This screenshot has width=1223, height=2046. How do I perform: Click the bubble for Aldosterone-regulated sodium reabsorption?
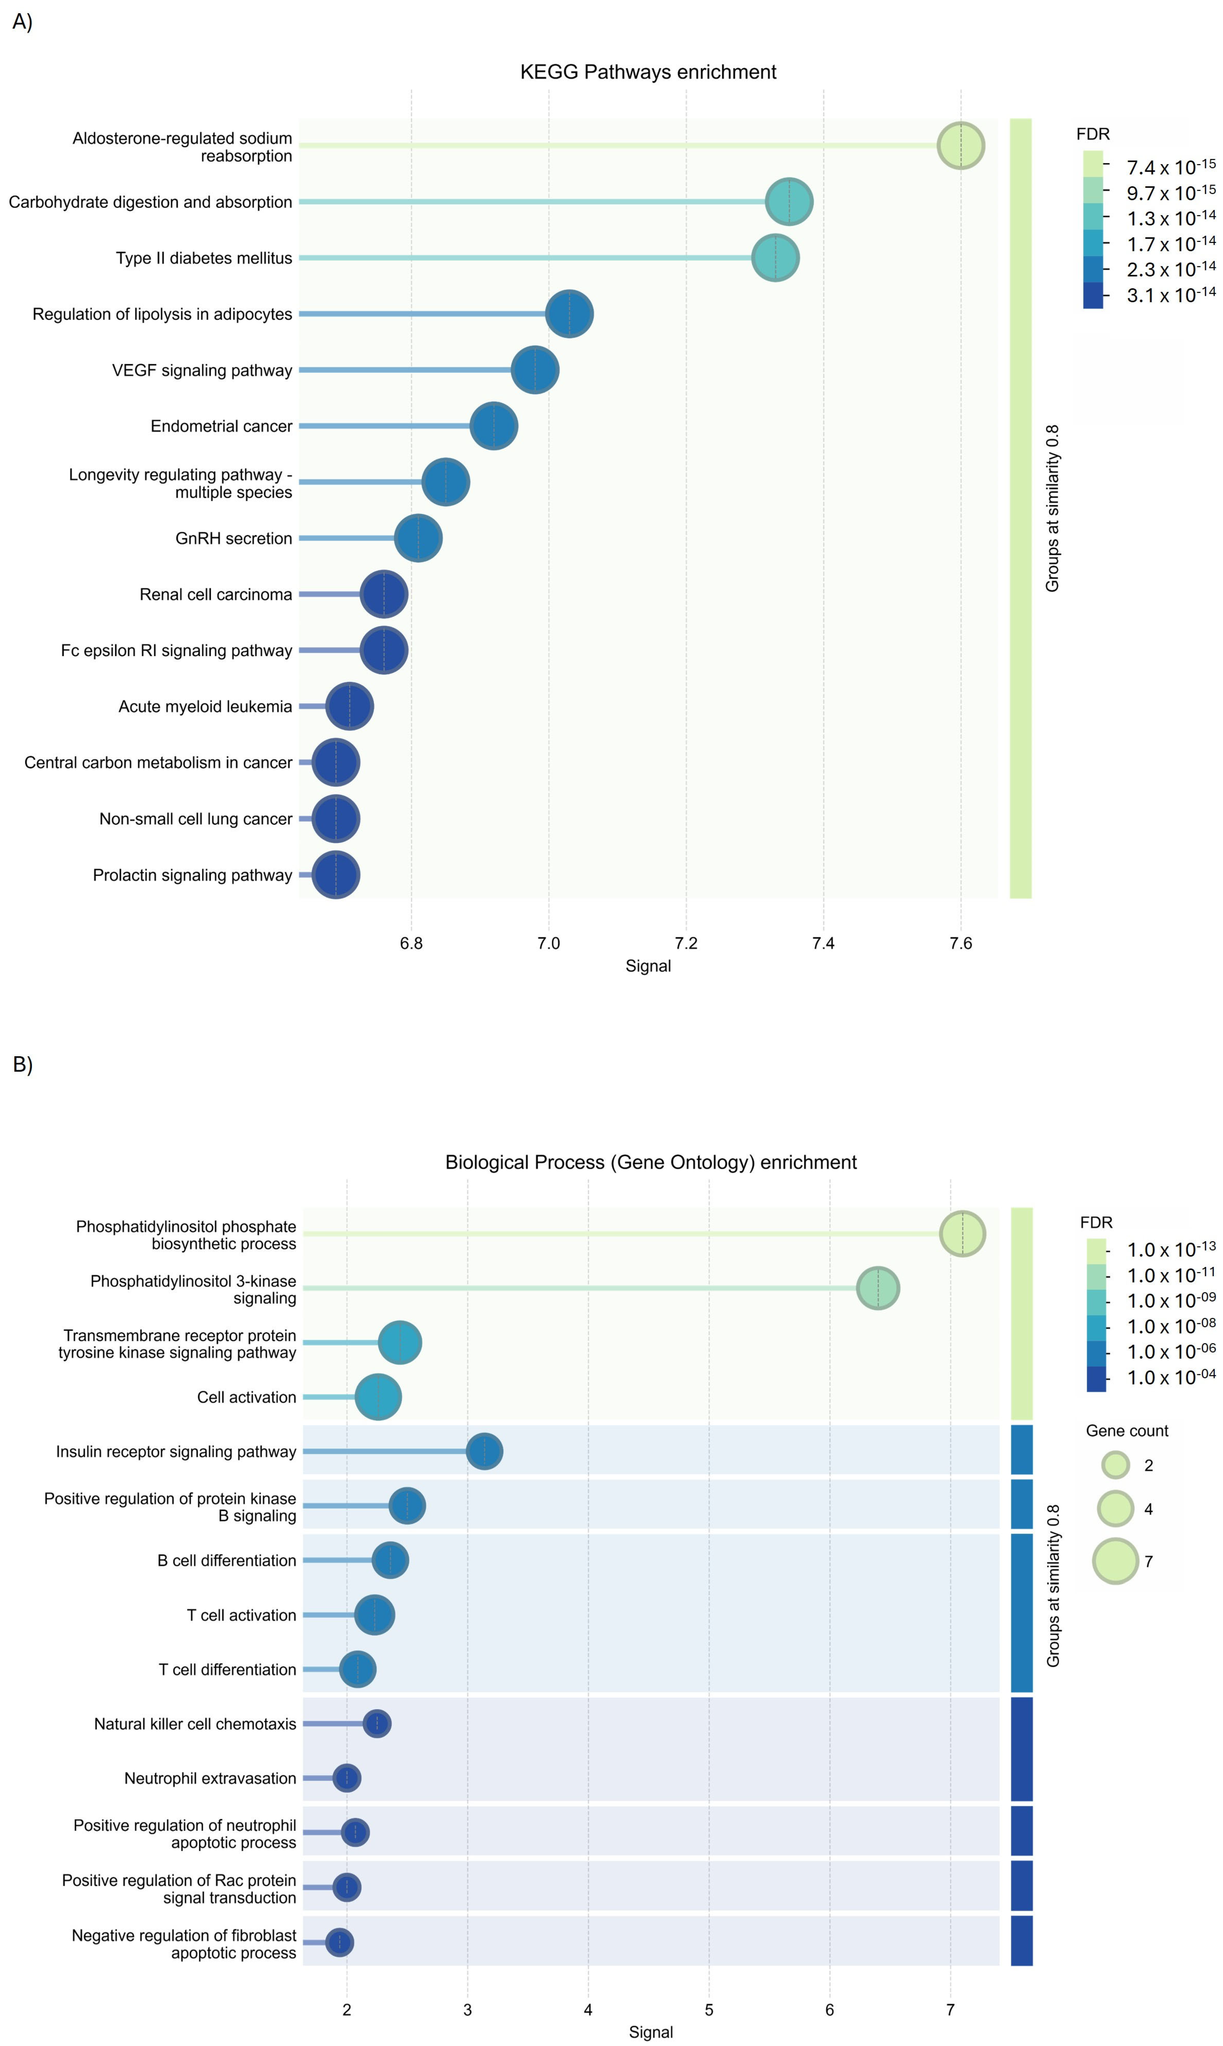click(960, 146)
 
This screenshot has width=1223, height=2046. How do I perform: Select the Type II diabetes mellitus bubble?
click(775, 258)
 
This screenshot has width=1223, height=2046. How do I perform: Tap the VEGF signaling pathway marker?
click(535, 370)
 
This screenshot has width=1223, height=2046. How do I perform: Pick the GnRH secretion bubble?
click(418, 538)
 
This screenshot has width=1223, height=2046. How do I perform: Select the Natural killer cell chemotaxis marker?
click(377, 1724)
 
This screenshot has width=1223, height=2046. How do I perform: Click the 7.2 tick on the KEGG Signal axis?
click(686, 943)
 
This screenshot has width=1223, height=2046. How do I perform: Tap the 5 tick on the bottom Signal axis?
click(709, 2010)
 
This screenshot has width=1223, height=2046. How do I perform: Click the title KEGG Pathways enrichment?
click(648, 73)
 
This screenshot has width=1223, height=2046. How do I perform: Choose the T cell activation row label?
click(241, 1615)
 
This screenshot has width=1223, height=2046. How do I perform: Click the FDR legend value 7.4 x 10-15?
click(1170, 167)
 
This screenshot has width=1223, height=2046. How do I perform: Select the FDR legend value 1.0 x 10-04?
click(1170, 1377)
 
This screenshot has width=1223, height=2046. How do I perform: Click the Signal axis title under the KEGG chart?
click(648, 966)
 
